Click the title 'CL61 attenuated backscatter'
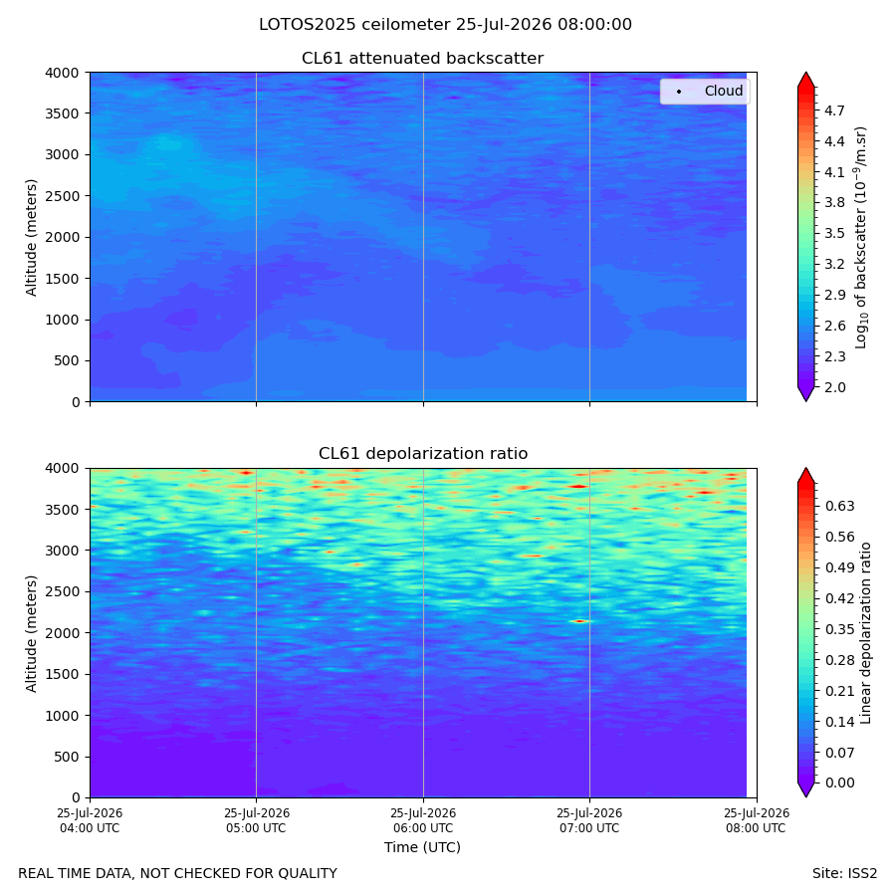coord(422,59)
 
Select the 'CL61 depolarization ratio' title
coord(423,453)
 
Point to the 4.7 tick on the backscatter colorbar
coord(834,111)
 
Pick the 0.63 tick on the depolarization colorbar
coord(840,507)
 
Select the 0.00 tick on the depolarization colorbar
coord(840,783)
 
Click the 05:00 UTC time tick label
coord(256,820)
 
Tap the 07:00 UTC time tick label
coord(589,820)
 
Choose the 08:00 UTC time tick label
coord(757,820)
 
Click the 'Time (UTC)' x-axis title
coord(422,847)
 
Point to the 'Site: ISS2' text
coord(844,873)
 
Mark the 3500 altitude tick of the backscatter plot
coord(62,113)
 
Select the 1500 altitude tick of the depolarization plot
coord(62,674)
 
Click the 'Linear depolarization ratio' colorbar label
coord(866,633)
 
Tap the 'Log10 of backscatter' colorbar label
coord(861,237)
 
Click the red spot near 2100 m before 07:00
coord(580,621)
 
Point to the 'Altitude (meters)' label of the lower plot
coord(31,633)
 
